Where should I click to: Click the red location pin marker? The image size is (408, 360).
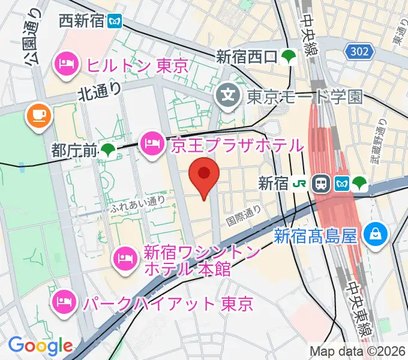coord(204,176)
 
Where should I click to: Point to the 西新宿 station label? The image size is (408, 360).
coord(82,22)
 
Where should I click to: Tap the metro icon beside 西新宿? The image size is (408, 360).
coord(115,22)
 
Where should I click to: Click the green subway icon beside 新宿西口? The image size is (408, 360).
coord(290,57)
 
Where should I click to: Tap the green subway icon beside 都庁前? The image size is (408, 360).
coord(109,150)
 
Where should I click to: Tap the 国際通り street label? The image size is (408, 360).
coord(244,215)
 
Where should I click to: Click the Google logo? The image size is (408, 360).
coord(40,346)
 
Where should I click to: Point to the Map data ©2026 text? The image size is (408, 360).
coord(356,351)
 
